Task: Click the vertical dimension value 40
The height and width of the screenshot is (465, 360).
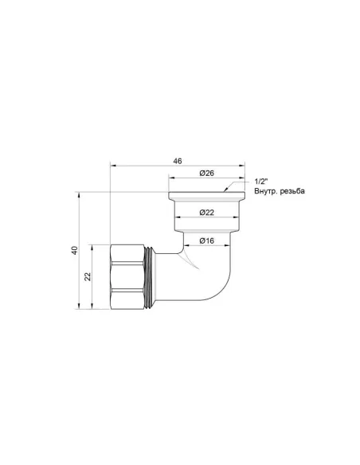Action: [x=74, y=250]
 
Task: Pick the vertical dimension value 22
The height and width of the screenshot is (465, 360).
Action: [x=88, y=276]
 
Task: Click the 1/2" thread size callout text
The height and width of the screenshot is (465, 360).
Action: [x=258, y=182]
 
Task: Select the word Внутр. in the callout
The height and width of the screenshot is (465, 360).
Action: [x=264, y=192]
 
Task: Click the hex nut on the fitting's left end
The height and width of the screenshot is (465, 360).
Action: [x=127, y=276]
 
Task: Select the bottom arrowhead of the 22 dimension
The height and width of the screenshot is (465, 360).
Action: [x=93, y=306]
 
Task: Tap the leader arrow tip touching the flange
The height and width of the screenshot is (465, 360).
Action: [x=226, y=191]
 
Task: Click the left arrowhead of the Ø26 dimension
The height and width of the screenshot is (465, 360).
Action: [x=170, y=179]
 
